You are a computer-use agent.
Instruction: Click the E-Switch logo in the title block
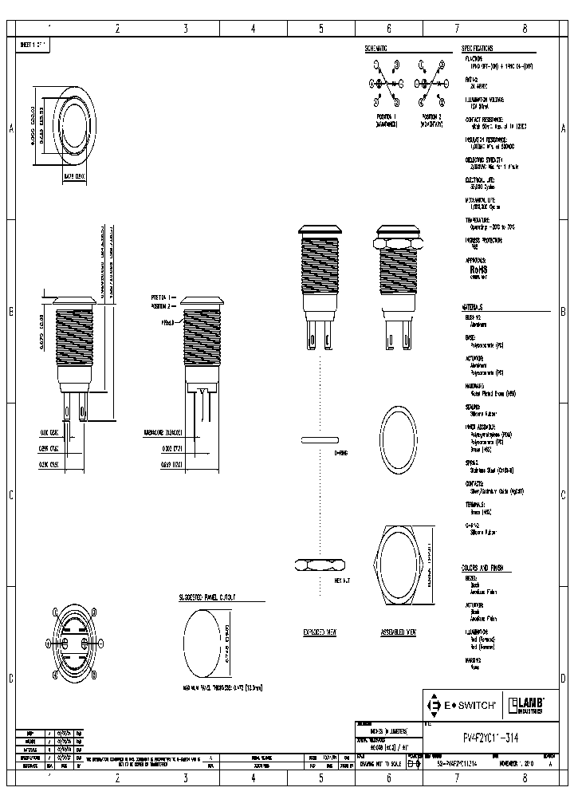click(x=463, y=705)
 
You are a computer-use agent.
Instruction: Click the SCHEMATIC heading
click(x=376, y=49)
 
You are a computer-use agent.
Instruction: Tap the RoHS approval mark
click(x=478, y=270)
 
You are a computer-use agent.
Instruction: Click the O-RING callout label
click(x=340, y=452)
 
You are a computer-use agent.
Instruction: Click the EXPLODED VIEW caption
click(x=320, y=632)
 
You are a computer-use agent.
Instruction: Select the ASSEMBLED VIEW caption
click(x=399, y=632)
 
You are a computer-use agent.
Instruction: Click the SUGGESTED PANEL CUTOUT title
click(x=212, y=596)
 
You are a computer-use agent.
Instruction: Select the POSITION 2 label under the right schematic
click(x=432, y=116)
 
